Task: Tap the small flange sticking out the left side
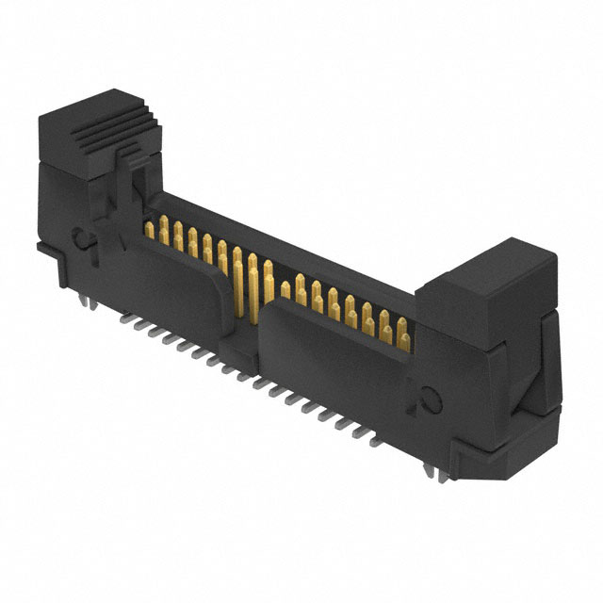(42, 247)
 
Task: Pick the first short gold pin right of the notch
(285, 289)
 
